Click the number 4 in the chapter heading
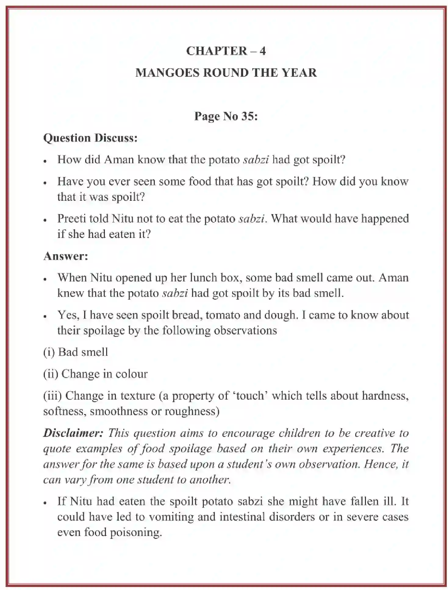(x=263, y=51)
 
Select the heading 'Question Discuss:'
(x=90, y=138)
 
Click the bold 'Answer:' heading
(x=66, y=256)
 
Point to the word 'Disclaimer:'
(x=73, y=433)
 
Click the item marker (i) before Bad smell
(x=49, y=352)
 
